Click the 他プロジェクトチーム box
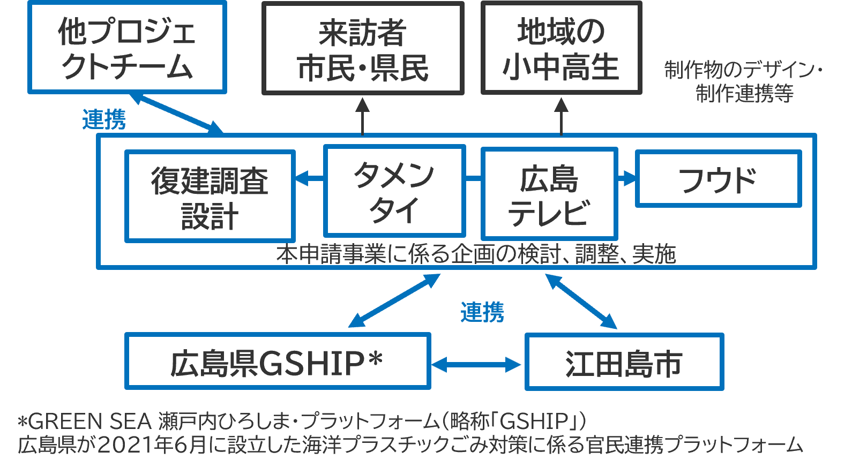[127, 47]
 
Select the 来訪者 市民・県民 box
[363, 48]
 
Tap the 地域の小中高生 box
[561, 48]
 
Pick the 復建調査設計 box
[210, 196]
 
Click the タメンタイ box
[394, 191]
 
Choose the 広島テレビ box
[549, 194]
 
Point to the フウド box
[718, 179]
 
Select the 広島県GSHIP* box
[278, 361]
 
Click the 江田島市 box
[624, 362]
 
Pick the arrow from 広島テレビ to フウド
[626, 178]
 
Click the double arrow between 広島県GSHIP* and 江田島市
[476, 365]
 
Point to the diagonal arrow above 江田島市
[581, 301]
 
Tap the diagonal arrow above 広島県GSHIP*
[394, 300]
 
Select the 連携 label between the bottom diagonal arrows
[482, 312]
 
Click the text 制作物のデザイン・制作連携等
[744, 81]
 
